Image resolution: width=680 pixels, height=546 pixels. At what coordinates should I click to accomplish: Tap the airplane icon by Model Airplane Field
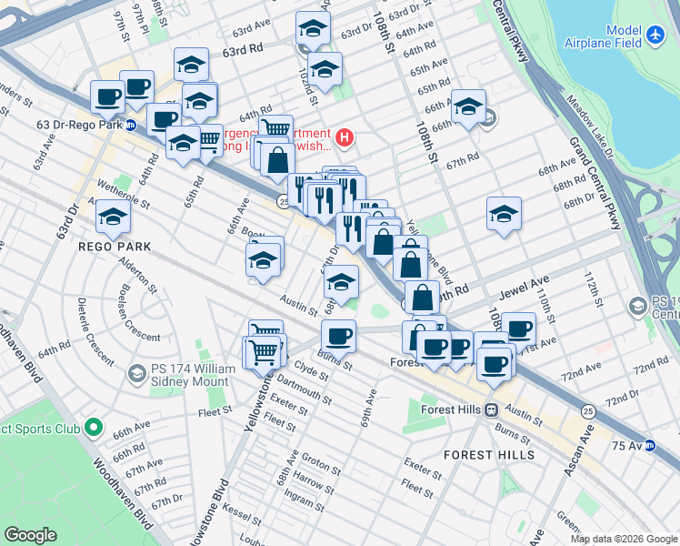tap(658, 35)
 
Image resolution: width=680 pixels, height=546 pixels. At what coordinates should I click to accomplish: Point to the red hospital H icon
tap(345, 138)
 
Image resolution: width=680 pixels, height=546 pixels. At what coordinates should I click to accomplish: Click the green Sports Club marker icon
tap(93, 427)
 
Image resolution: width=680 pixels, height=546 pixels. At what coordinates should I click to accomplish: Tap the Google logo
tap(31, 535)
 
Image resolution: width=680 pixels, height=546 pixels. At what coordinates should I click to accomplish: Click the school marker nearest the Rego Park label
tap(113, 217)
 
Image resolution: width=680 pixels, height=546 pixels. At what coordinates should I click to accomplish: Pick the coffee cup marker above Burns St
tap(338, 337)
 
